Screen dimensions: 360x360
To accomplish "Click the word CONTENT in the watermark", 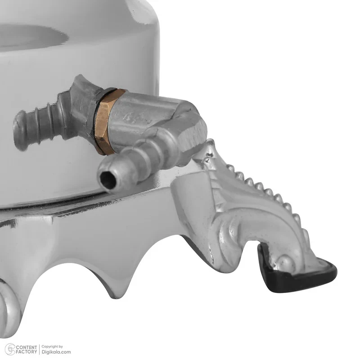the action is click(x=27, y=347).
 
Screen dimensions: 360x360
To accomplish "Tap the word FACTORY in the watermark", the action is click(x=27, y=352).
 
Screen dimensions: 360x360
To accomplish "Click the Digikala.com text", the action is click(x=56, y=352).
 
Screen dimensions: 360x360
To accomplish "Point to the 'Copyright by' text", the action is click(x=52, y=346).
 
